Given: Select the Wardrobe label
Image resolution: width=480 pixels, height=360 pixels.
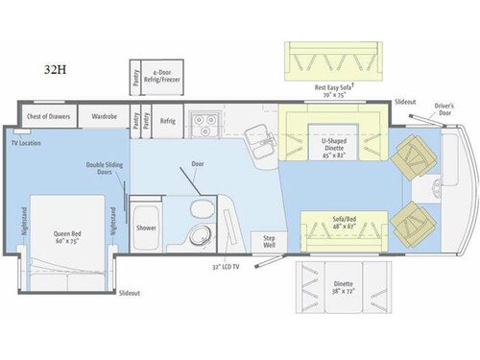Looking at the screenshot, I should click(x=104, y=117).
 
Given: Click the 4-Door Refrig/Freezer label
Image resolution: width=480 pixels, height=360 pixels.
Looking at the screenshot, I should click(x=168, y=76).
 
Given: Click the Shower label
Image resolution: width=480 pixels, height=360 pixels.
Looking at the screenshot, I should click(x=146, y=228).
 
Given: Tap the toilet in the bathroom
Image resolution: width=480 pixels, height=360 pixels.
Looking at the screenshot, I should click(x=199, y=210).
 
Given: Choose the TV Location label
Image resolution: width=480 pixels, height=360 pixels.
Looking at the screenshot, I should click(x=28, y=142).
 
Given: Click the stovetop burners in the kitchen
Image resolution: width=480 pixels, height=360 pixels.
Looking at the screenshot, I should click(x=204, y=123).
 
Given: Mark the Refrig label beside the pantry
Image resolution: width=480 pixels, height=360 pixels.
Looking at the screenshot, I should click(x=167, y=122).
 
